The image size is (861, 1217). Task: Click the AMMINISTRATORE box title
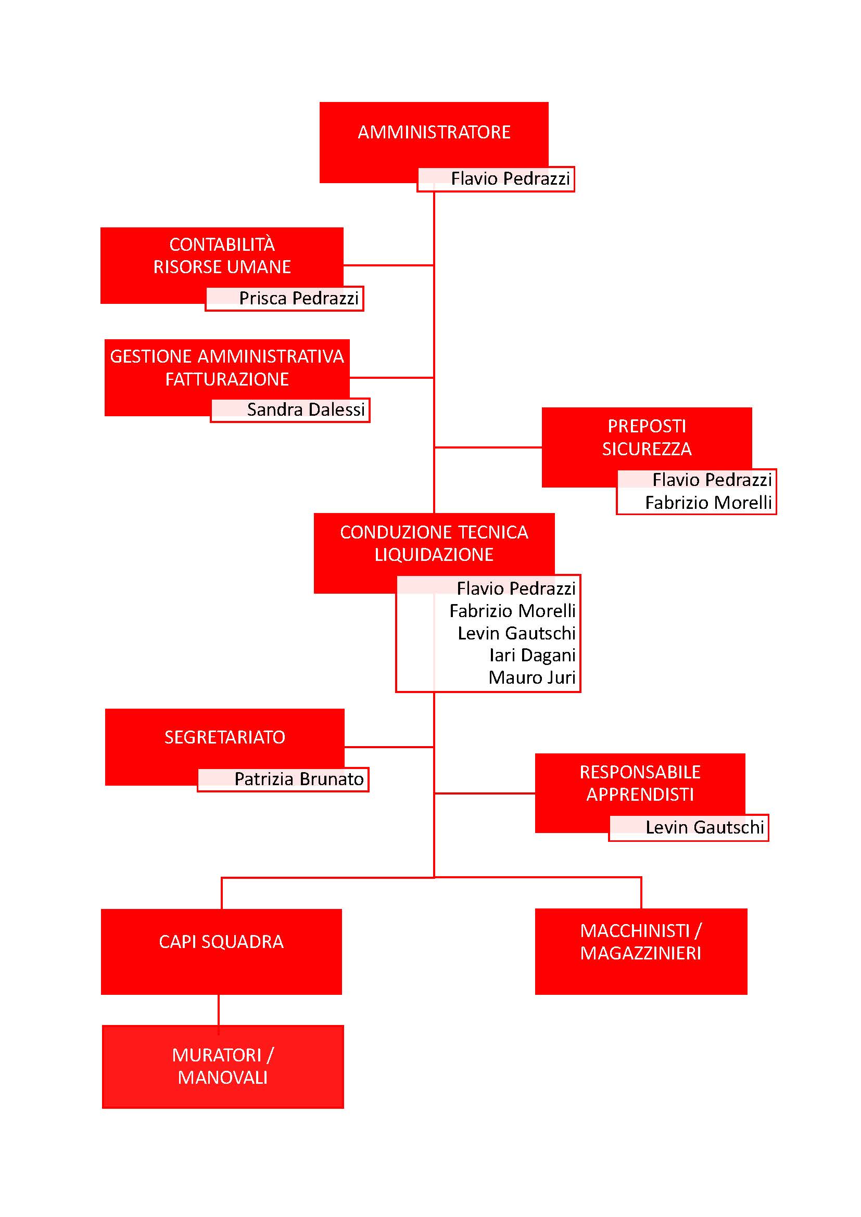click(434, 132)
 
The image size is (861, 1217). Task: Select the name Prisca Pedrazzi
click(299, 299)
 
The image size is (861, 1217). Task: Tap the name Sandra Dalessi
click(306, 409)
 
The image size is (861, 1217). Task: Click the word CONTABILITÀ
click(222, 244)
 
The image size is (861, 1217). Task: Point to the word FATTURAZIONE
click(227, 379)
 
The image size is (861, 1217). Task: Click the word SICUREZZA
click(647, 450)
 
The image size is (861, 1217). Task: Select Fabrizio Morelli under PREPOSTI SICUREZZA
click(708, 503)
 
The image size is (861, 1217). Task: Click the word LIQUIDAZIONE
click(434, 555)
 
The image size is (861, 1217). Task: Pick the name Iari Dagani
click(533, 656)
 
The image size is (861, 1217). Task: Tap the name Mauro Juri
click(533, 677)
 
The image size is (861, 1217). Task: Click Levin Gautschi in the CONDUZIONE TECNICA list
click(517, 633)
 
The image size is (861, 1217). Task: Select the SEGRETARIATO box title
click(225, 737)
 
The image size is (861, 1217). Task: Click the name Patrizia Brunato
click(299, 779)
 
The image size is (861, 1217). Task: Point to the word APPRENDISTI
click(640, 795)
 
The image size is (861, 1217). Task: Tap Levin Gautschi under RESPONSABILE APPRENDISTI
click(705, 827)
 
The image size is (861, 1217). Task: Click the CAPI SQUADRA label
click(221, 942)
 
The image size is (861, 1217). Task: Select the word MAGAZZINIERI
click(640, 954)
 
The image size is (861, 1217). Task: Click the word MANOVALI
click(223, 1078)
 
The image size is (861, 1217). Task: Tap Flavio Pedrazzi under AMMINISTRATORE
click(511, 178)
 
